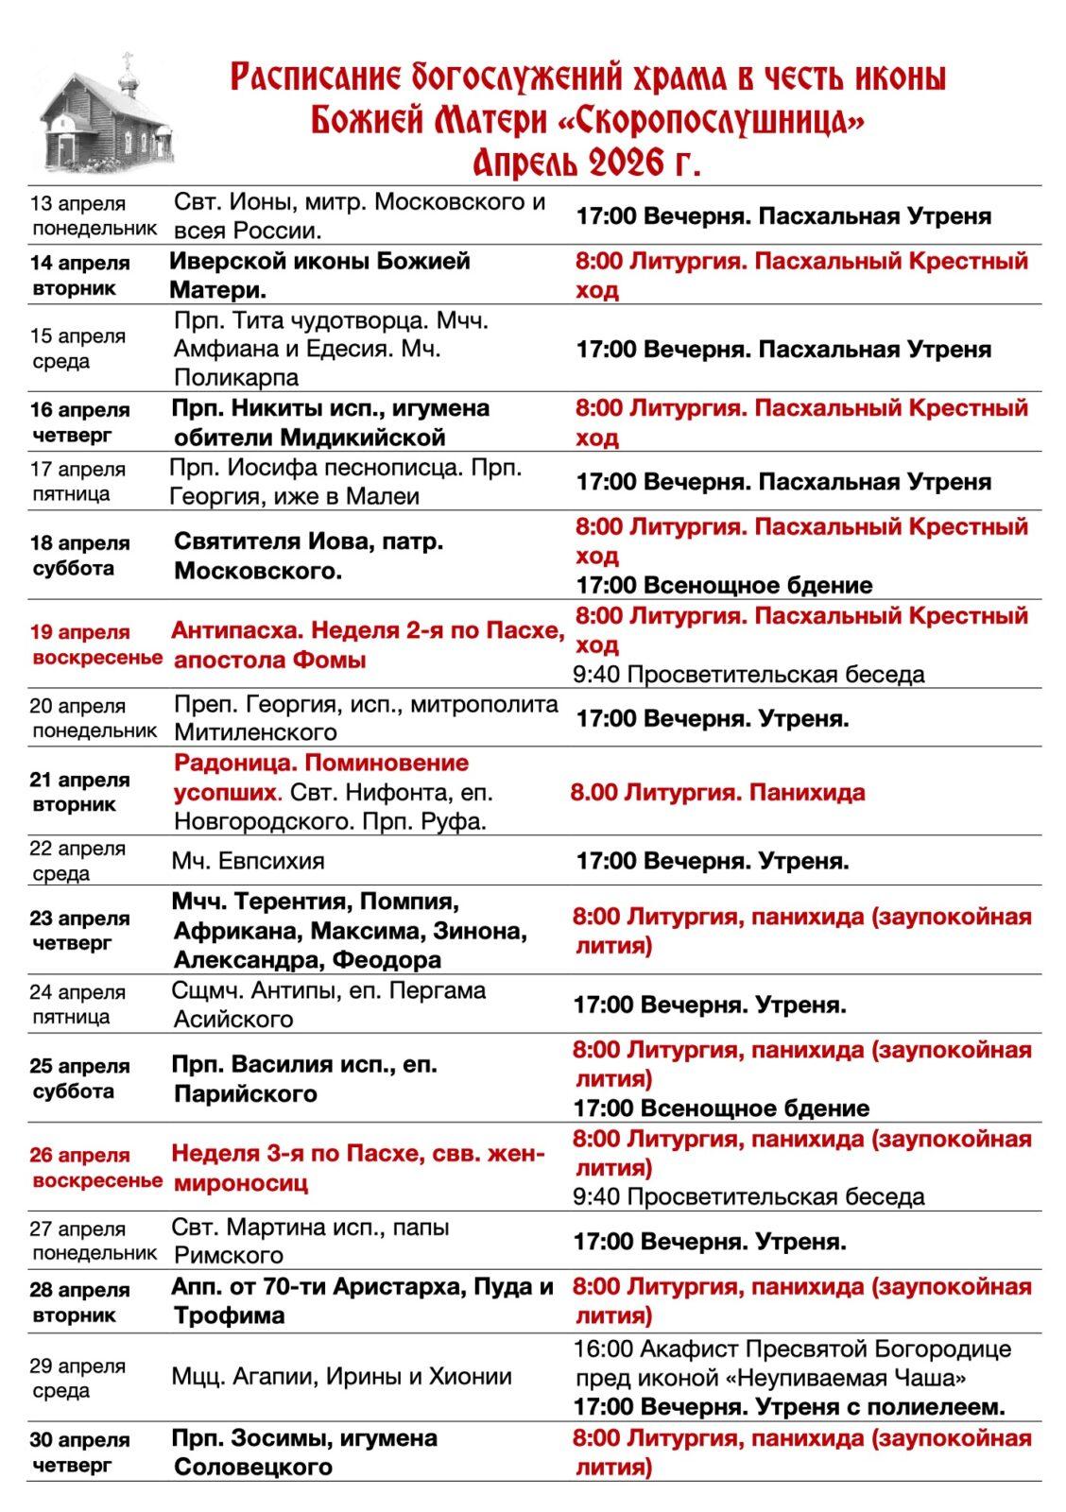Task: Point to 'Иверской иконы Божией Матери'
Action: [x=319, y=274]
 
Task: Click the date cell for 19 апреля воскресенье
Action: [x=95, y=644]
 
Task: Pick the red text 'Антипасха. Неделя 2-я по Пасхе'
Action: [x=368, y=630]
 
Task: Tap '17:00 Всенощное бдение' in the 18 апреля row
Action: [x=724, y=585]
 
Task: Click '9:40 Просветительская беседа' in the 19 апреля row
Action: [x=748, y=674]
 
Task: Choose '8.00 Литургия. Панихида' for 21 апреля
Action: [x=717, y=792]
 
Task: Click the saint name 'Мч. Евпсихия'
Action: [x=248, y=861]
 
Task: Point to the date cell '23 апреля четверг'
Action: [x=79, y=930]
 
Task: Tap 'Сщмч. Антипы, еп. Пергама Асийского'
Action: [x=328, y=1005]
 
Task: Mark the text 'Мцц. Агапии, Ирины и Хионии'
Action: [x=341, y=1376]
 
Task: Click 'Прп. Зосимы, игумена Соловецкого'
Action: [x=303, y=1452]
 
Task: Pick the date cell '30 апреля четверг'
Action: [x=79, y=1452]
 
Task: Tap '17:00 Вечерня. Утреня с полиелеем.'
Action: [x=788, y=1406]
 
